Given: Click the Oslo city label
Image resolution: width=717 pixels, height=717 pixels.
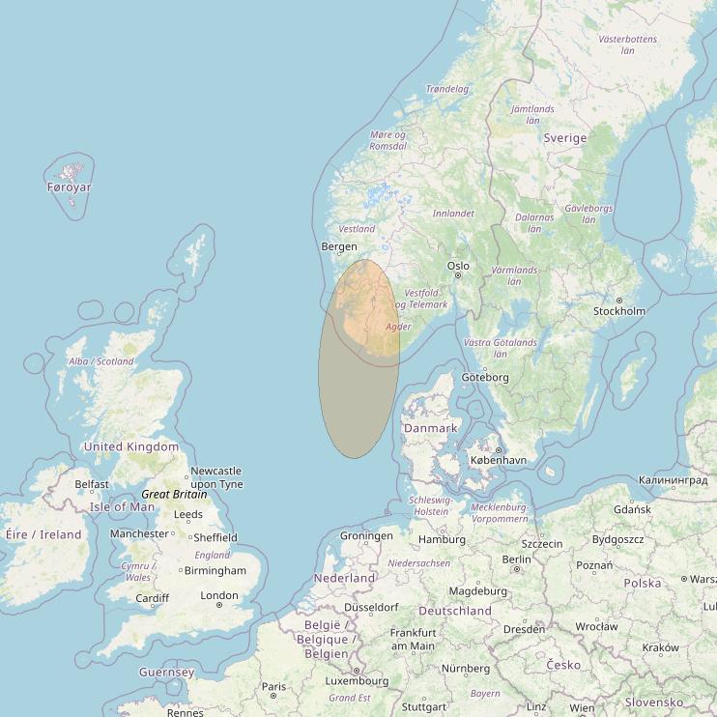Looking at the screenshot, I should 458,266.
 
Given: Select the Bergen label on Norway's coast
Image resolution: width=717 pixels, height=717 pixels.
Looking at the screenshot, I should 338,247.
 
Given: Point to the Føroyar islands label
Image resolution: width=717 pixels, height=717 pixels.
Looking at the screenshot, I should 69,187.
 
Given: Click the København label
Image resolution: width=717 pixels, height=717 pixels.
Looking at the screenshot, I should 498,460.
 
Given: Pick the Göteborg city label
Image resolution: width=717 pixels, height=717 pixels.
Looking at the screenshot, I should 485,377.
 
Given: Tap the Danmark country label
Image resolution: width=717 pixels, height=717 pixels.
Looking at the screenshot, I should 431,428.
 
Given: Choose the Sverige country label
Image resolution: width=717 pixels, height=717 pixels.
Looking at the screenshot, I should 565,138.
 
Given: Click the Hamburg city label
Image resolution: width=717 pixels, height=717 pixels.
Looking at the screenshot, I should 444,539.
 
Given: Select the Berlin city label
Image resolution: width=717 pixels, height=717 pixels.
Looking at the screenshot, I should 517,559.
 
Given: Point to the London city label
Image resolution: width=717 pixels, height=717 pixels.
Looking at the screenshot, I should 219,595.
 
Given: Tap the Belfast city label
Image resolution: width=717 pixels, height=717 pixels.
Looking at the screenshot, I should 92,484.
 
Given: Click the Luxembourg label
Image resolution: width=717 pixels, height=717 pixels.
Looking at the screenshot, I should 357,680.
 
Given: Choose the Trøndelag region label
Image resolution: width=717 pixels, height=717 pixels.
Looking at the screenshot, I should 447,89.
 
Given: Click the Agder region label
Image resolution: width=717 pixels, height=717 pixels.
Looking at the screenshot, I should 398,327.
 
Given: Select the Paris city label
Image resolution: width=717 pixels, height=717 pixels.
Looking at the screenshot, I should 273,686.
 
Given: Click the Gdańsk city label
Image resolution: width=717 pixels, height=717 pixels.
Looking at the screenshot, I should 632,509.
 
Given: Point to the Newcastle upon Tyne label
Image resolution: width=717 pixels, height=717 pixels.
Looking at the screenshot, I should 216,477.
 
